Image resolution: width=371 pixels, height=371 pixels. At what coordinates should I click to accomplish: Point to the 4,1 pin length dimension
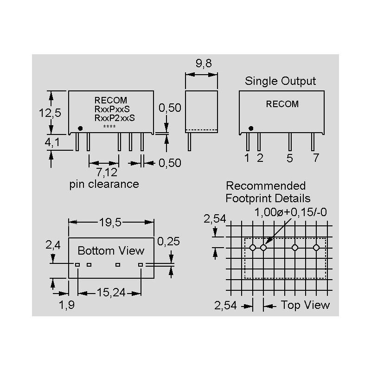click(x=52, y=143)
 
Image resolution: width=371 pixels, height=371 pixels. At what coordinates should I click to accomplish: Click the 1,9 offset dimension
click(x=66, y=305)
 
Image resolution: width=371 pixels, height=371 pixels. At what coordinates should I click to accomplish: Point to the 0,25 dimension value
click(x=169, y=242)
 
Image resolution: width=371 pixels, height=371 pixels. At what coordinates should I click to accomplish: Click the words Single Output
click(x=280, y=81)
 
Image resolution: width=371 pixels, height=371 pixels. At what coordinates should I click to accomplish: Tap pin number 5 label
click(x=290, y=158)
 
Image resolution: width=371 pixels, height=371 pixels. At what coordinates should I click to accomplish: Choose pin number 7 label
click(x=316, y=158)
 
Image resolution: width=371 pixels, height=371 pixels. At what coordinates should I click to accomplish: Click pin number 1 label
click(x=247, y=158)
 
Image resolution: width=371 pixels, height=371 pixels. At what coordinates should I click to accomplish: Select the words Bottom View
click(x=111, y=251)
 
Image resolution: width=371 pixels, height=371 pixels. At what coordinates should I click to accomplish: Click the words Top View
click(x=305, y=305)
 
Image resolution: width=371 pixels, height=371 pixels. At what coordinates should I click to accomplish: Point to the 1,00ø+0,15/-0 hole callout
click(x=291, y=213)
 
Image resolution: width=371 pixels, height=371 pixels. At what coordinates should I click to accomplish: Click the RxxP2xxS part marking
click(x=115, y=118)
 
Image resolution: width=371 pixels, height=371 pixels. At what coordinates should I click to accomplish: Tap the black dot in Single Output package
click(x=251, y=128)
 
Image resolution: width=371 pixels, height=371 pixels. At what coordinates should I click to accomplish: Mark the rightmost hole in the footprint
click(x=316, y=248)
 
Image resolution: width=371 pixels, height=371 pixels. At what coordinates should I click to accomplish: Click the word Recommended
click(x=266, y=186)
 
